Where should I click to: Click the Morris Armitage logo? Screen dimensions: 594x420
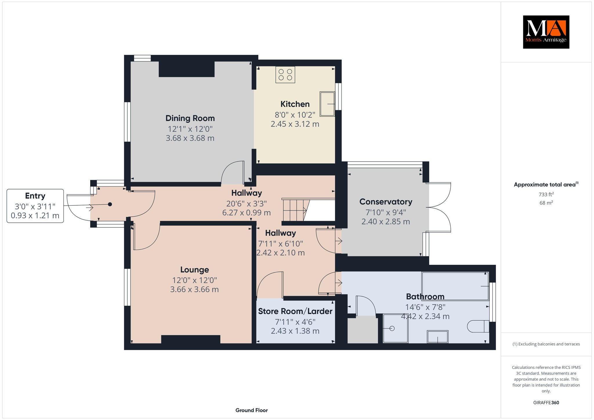[x=546, y=32]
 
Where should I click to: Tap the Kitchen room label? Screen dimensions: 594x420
[x=295, y=104]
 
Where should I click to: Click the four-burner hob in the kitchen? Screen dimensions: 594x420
[x=285, y=75]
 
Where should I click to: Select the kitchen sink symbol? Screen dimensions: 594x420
[x=327, y=104]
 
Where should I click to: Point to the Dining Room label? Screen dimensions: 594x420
[x=190, y=118]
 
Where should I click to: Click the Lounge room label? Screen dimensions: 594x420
[x=195, y=270]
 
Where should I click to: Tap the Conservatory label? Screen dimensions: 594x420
[x=386, y=202]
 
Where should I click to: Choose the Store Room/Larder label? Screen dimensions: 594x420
[x=295, y=311]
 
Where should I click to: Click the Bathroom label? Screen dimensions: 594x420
[x=425, y=296]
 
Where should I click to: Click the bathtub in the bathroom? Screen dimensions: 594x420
[x=455, y=286]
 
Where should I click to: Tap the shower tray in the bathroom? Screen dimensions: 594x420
[x=396, y=328]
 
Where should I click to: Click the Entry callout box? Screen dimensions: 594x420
[x=35, y=206]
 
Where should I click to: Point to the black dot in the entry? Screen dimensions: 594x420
[x=110, y=204]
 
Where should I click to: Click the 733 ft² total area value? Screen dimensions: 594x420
[x=546, y=194]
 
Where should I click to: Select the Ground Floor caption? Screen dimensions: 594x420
[x=251, y=410]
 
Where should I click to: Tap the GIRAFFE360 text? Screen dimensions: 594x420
[x=546, y=403]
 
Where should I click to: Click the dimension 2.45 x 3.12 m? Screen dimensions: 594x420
[x=295, y=124]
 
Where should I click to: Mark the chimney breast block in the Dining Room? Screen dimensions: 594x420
[x=186, y=69]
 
